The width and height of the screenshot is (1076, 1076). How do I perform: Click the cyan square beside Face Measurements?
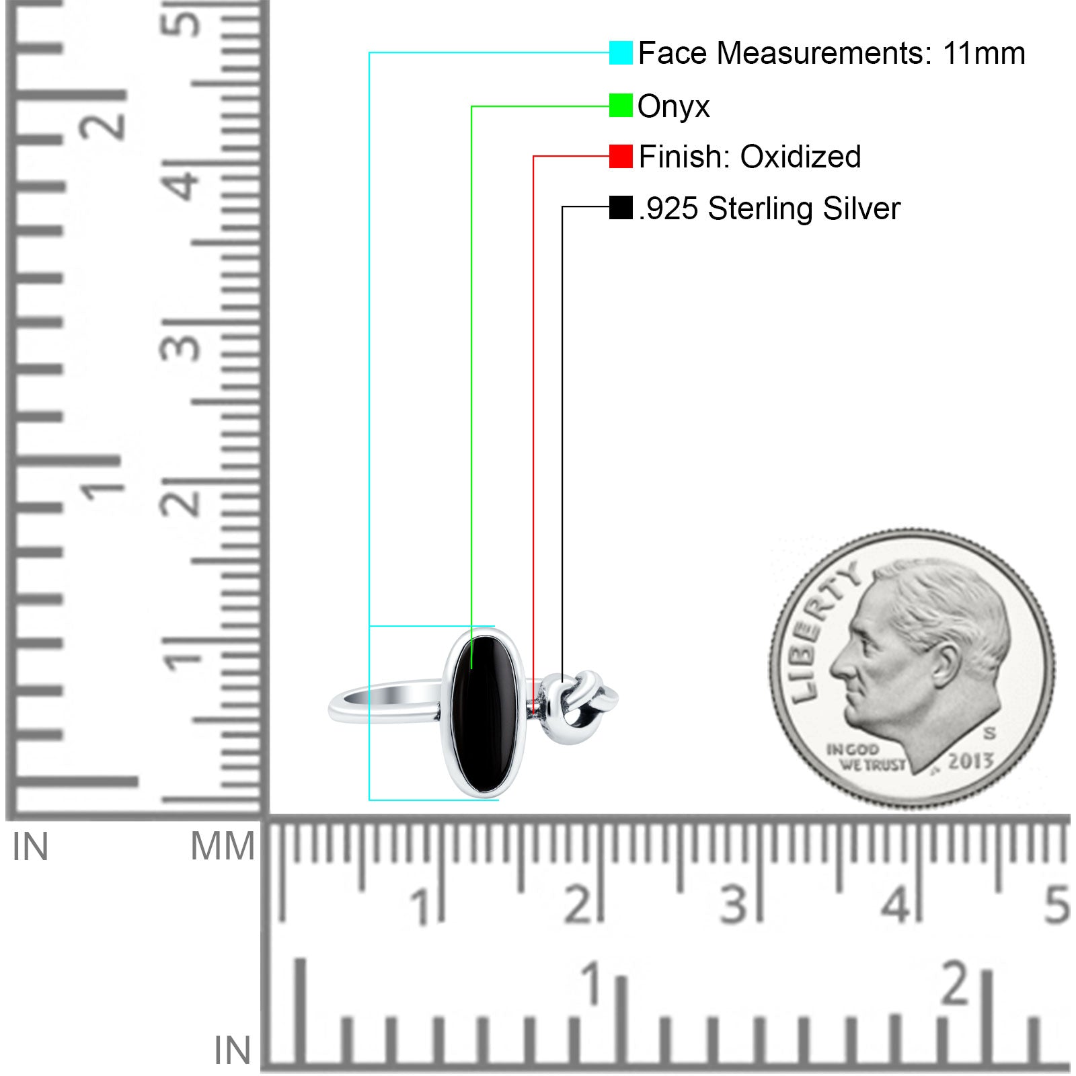point(621,52)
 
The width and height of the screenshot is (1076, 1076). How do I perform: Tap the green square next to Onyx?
point(621,105)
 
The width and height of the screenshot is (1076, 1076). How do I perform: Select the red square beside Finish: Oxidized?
point(621,156)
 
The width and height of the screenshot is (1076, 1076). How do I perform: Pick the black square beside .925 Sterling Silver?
point(621,207)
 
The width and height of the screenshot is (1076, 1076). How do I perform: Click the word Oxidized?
point(800,157)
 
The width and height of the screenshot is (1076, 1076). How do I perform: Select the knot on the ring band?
point(580,707)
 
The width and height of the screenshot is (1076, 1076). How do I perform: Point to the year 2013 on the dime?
point(970,761)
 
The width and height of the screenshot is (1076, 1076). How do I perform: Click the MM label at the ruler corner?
point(223,846)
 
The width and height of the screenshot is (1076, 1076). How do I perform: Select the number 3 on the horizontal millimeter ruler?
point(734,905)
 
